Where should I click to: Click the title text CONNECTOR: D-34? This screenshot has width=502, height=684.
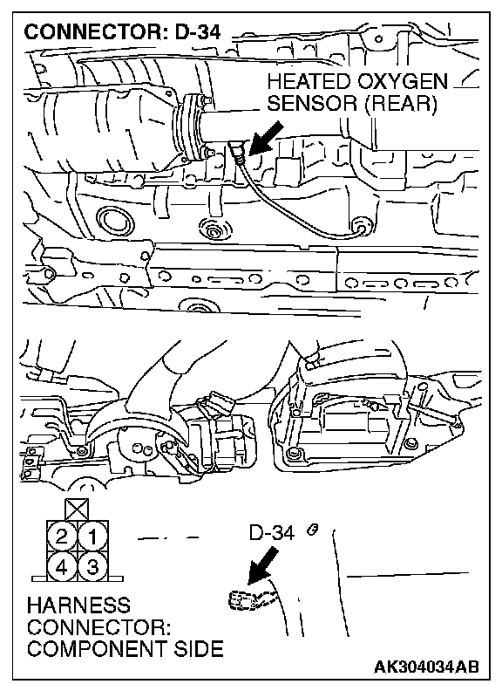(122, 32)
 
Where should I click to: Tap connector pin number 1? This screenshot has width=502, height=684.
(92, 536)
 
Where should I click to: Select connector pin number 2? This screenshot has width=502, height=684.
(61, 536)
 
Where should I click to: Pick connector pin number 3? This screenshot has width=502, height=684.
(92, 567)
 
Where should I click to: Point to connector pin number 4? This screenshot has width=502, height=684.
(61, 567)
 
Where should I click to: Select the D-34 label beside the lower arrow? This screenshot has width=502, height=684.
(272, 532)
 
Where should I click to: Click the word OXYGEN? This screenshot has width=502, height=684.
(404, 82)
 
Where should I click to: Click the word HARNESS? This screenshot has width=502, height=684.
(78, 605)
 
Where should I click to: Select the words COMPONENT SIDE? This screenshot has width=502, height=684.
(125, 649)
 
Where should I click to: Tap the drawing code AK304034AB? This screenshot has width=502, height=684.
(426, 667)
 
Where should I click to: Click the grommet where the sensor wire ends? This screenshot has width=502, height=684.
(362, 228)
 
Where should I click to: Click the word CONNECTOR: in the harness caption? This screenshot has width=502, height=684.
(98, 627)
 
